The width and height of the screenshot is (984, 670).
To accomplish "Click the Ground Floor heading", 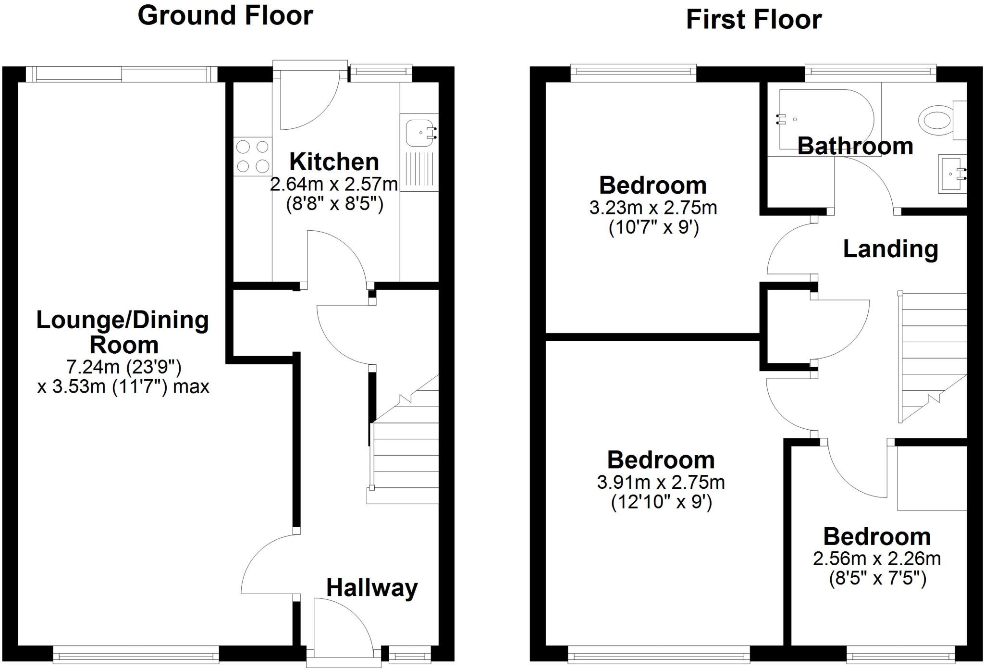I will pyautogui.click(x=225, y=15).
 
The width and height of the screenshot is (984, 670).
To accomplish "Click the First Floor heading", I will pyautogui.click(x=753, y=20).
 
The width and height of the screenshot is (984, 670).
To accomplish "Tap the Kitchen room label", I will pyautogui.click(x=334, y=161).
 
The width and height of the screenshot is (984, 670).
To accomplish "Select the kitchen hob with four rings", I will pyautogui.click(x=253, y=156).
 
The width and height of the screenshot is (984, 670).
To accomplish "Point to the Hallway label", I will pyautogui.click(x=372, y=588).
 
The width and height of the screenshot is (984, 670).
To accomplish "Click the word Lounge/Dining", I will pyautogui.click(x=123, y=320).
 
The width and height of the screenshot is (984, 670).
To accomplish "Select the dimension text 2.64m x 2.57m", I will pyautogui.click(x=334, y=184).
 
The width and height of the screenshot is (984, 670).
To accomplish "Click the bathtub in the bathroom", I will pyautogui.click(x=824, y=119).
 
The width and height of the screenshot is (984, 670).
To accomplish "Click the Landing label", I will pyautogui.click(x=890, y=249).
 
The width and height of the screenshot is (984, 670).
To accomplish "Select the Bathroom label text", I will pyautogui.click(x=855, y=146).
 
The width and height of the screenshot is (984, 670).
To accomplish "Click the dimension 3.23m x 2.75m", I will pyautogui.click(x=653, y=208).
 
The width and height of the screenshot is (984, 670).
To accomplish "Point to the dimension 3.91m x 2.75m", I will pyautogui.click(x=661, y=482).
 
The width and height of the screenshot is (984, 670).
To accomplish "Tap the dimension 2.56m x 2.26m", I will pyautogui.click(x=876, y=558).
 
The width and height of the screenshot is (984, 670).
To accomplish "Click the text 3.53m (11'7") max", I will pyautogui.click(x=123, y=387).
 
